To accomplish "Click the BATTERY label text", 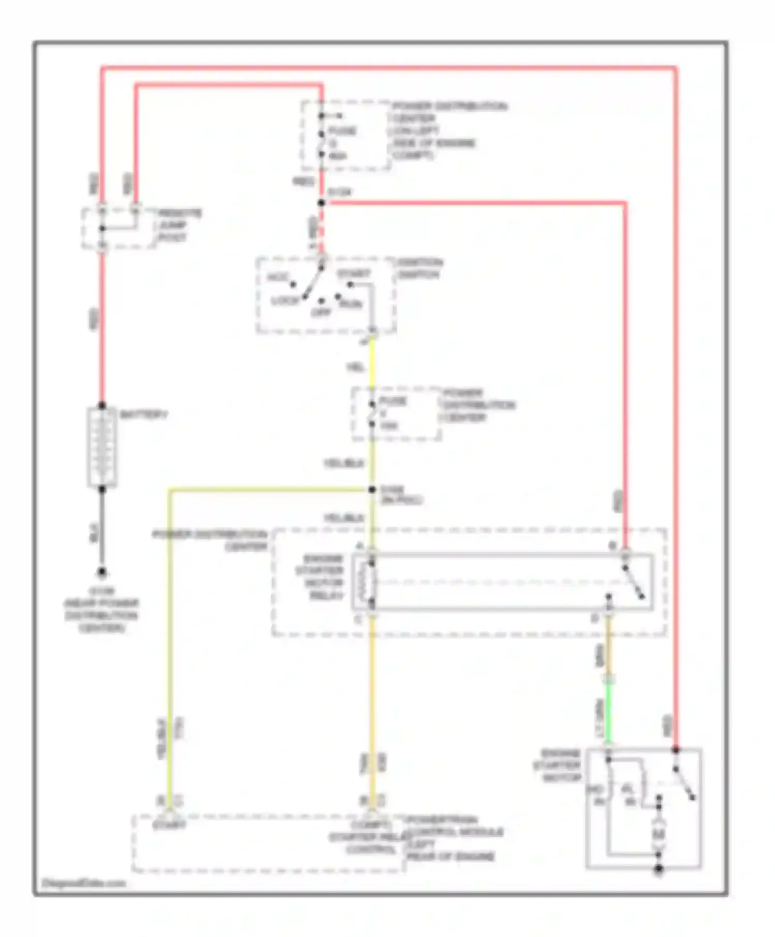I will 143,415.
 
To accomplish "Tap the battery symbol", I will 102,447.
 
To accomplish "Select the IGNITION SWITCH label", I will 419,269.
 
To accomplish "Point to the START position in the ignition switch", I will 353,273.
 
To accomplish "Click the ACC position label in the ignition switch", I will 277,277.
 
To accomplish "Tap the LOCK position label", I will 285,300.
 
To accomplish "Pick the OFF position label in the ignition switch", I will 321,313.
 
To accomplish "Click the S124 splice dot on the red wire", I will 321,203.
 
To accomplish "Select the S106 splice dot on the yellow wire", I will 372,490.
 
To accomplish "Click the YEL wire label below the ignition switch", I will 355,367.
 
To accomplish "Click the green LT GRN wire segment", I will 609,713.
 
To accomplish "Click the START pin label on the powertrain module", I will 169,825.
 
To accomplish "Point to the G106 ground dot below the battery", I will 102,572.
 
